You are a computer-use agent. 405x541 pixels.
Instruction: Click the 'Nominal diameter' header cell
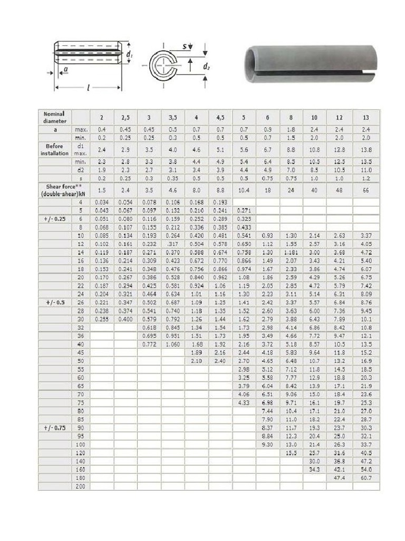[x=55, y=117]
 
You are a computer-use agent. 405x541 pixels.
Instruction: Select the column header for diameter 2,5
[x=126, y=117]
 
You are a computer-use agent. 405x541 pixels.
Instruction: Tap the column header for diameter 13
[x=366, y=117]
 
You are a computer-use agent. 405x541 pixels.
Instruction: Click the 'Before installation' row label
[x=55, y=150]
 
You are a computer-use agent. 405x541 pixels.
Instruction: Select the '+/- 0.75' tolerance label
[x=55, y=427]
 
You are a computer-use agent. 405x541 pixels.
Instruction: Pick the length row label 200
[x=81, y=486]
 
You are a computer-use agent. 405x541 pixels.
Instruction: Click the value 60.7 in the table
[x=366, y=478]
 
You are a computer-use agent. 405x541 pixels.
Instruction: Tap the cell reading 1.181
[x=291, y=253]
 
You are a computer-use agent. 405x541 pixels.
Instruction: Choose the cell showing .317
[x=172, y=244]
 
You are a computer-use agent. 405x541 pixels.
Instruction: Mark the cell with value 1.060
[x=172, y=344]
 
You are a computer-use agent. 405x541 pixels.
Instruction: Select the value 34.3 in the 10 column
[x=314, y=469]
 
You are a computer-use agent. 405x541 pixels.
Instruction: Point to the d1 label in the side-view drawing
[x=129, y=54]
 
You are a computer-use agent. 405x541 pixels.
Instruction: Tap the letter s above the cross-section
[x=184, y=46]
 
